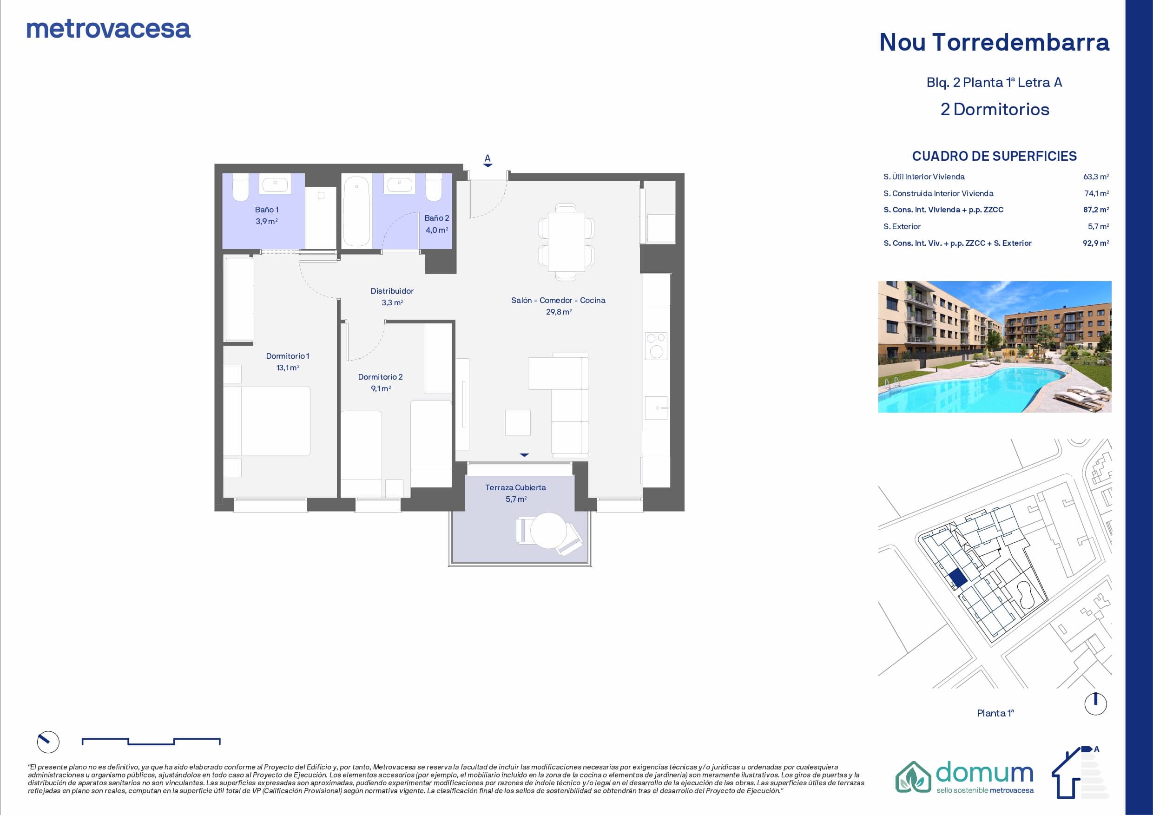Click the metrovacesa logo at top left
pos(108,29)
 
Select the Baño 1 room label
pos(267,210)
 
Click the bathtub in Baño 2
pos(356,211)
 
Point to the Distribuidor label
pos(392,291)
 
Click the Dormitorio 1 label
pos(288,356)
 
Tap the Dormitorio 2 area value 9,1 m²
pos(381,388)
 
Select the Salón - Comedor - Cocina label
pos(559,300)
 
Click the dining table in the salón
pos(567,242)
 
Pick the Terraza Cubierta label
pos(516,487)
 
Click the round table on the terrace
pos(548,530)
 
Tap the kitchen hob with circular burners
pos(656,346)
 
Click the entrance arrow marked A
pos(488,161)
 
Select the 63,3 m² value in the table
pos(1096,177)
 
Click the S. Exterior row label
pos(902,226)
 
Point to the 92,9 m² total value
pos(1096,243)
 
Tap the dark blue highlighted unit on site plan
pos(958,579)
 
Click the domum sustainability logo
pos(965,777)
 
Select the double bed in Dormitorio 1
pos(267,421)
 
